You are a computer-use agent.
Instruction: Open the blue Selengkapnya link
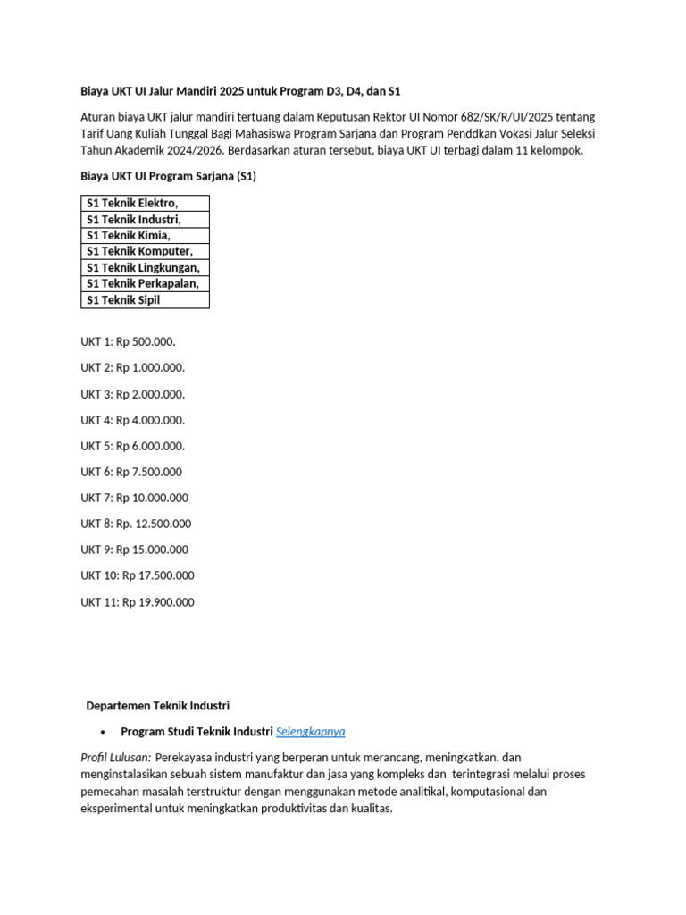tap(310, 732)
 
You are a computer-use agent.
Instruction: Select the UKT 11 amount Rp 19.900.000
tap(158, 602)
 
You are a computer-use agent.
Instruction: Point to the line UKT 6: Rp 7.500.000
tap(131, 472)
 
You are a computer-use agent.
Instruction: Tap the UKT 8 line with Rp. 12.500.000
tap(136, 524)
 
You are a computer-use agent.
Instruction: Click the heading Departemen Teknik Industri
tap(157, 706)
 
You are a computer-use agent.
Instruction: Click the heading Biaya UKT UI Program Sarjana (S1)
tap(168, 176)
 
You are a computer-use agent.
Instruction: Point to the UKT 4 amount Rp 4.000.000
tap(150, 420)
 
